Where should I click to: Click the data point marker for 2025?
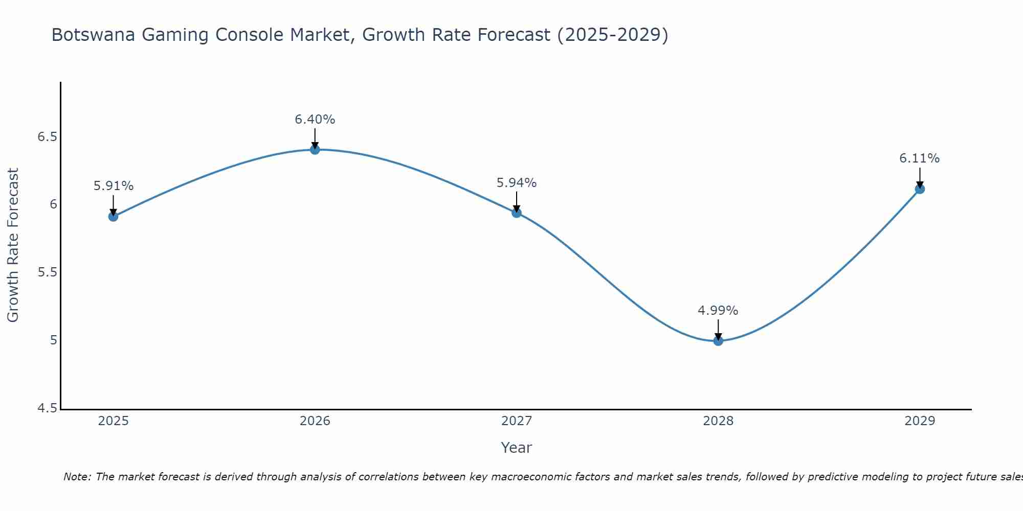pyautogui.click(x=113, y=216)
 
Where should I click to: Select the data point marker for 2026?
pyautogui.click(x=315, y=149)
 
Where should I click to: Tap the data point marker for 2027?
pyautogui.click(x=517, y=213)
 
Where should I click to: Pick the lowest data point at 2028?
pyautogui.click(x=718, y=341)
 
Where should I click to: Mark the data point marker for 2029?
pyautogui.click(x=920, y=189)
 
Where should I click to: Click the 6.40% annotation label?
pyautogui.click(x=315, y=120)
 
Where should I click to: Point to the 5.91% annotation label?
pyautogui.click(x=113, y=186)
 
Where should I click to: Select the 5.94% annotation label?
pyautogui.click(x=517, y=183)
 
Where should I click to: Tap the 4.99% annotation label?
pyautogui.click(x=718, y=311)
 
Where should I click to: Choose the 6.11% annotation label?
pyautogui.click(x=920, y=158)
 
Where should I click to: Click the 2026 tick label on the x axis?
pyautogui.click(x=315, y=421)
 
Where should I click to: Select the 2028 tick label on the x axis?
pyautogui.click(x=718, y=421)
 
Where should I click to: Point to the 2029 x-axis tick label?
pyautogui.click(x=920, y=421)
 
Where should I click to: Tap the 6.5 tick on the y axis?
pyautogui.click(x=48, y=137)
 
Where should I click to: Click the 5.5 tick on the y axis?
pyautogui.click(x=48, y=272)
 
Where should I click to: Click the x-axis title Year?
pyautogui.click(x=517, y=448)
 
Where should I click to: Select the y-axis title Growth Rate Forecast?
pyautogui.click(x=13, y=245)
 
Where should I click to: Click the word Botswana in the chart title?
pyautogui.click(x=94, y=35)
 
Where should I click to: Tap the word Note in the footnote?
pyautogui.click(x=77, y=477)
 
